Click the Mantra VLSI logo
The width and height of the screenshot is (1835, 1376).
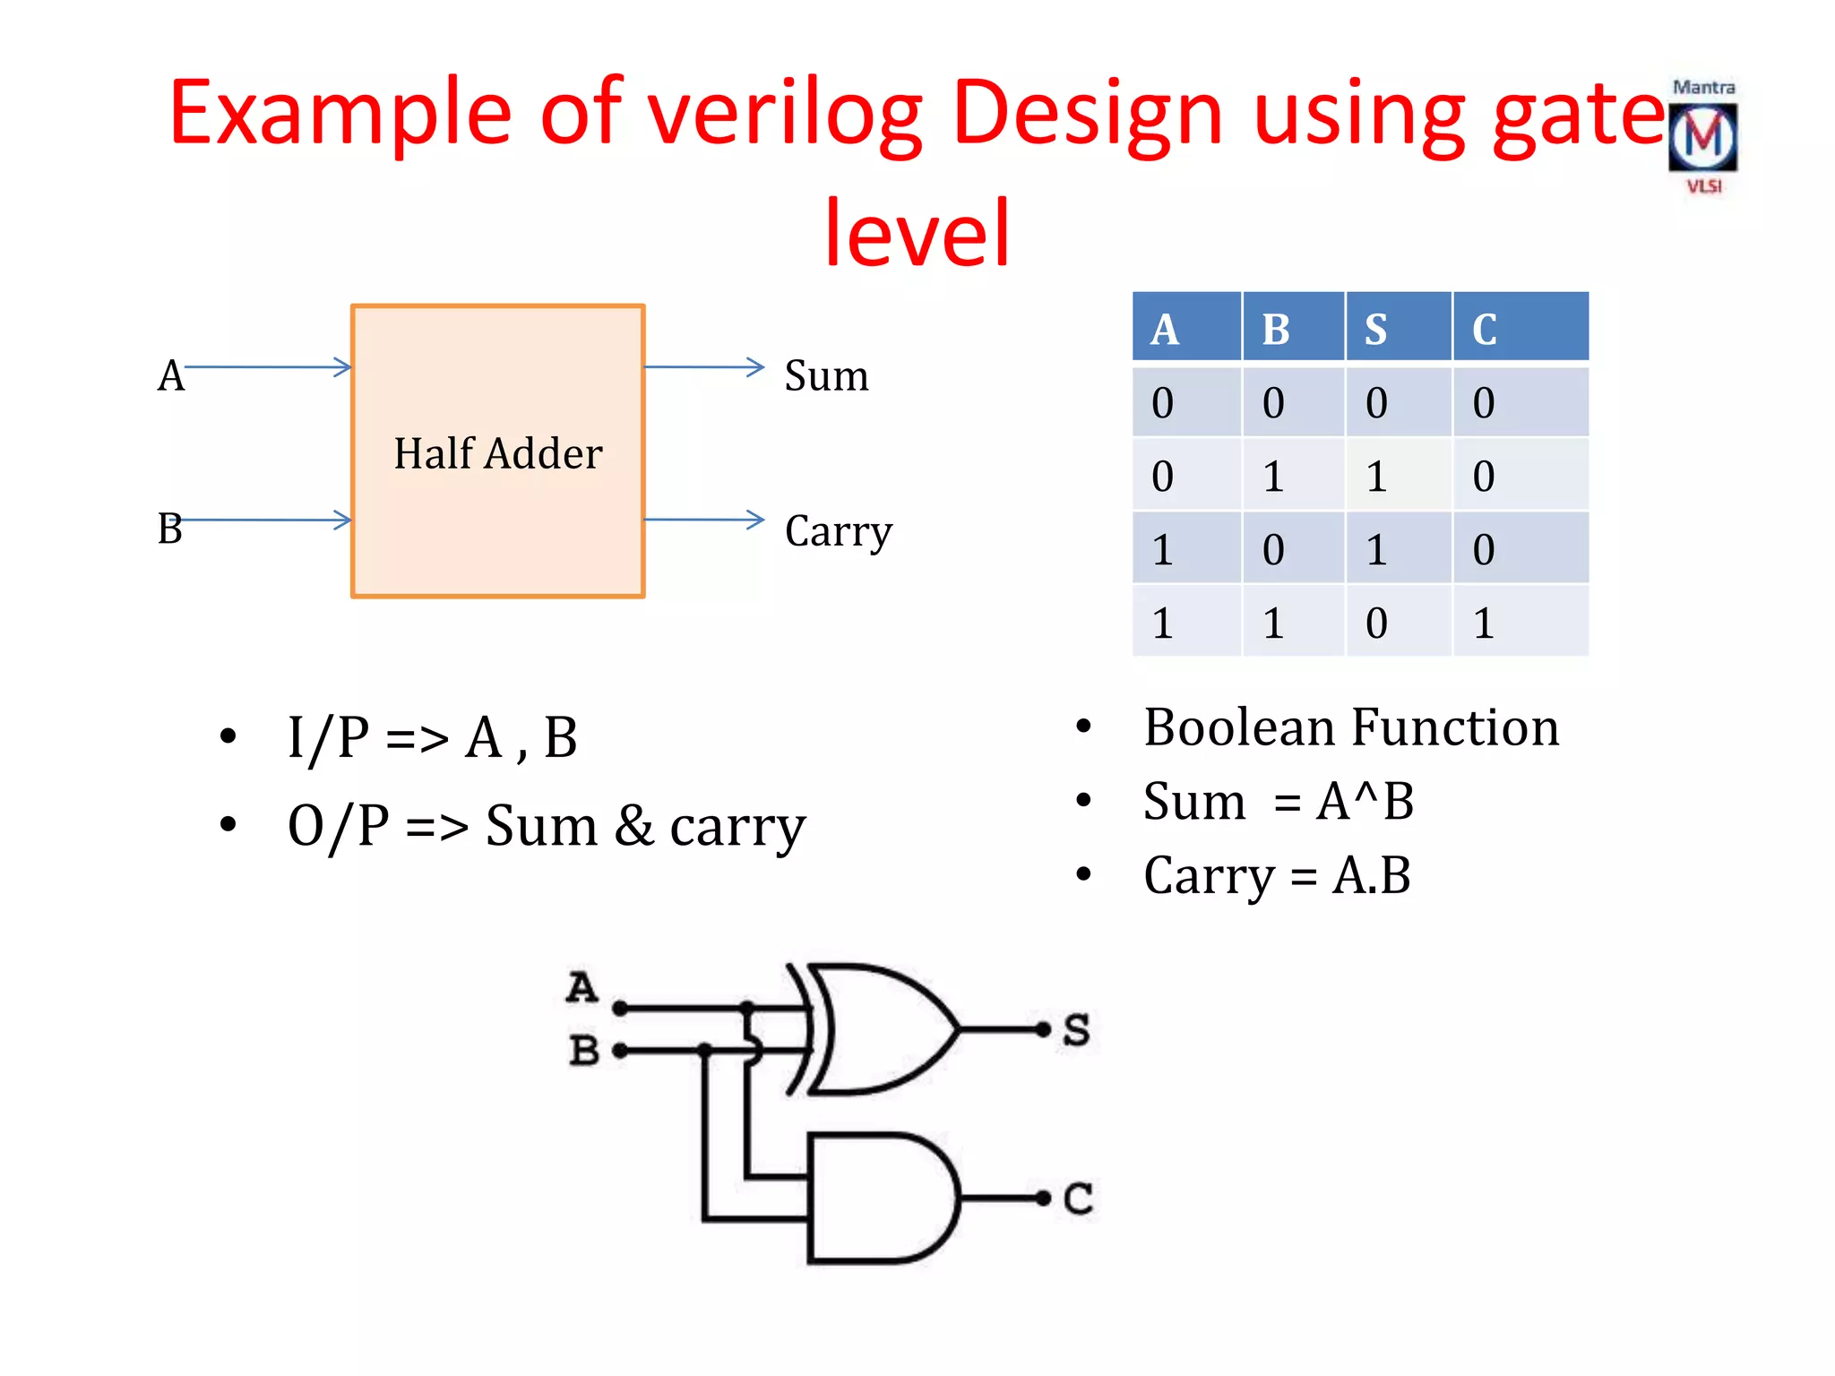pos(1702,137)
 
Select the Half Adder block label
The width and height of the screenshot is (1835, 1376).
pos(498,453)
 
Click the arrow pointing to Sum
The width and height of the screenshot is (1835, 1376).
pos(704,366)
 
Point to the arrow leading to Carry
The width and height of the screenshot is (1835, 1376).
pos(704,520)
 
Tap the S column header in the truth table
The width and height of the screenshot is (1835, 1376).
pos(1376,329)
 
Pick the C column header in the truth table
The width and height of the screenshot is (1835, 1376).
pos(1485,329)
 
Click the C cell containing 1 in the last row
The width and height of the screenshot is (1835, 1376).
pos(1485,623)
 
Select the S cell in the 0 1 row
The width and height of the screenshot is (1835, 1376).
pos(1376,476)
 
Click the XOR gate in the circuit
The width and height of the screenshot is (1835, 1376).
pos(883,1029)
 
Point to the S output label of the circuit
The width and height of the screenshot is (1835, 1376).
pos(1077,1030)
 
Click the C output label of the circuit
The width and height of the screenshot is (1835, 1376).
pos(1078,1199)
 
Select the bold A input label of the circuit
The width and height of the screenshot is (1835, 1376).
pos(582,987)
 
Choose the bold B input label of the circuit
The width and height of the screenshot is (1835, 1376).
pos(584,1050)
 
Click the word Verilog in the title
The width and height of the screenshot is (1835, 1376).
pos(785,113)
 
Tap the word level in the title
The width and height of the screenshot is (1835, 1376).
pos(917,233)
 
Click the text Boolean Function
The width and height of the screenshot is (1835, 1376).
pos(1351,727)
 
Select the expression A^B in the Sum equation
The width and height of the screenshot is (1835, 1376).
pos(1365,801)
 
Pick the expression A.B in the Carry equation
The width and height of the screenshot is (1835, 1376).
pos(1371,875)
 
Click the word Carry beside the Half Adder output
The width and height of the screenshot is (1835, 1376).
pos(839,531)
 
